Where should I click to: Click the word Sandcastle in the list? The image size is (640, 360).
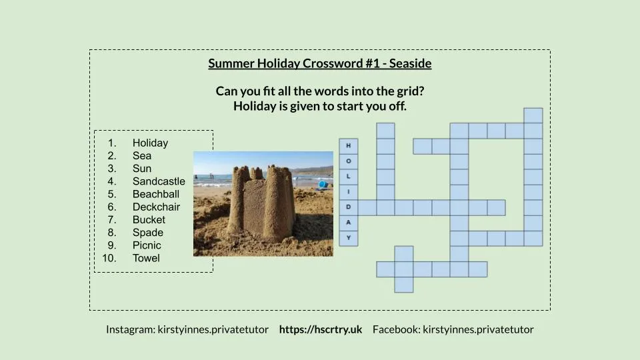tap(159, 181)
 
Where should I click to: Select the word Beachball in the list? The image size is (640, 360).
tap(156, 194)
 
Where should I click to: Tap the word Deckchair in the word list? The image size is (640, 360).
tap(156, 207)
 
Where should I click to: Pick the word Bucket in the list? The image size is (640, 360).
tap(149, 219)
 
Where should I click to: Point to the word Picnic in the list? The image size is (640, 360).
tap(147, 245)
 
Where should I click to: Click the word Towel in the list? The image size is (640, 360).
tap(146, 258)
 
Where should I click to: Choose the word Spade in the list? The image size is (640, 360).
tap(147, 233)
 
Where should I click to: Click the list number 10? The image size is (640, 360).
tap(111, 258)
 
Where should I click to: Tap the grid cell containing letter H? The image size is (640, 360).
tap(348, 146)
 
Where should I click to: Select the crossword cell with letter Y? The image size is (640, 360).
tap(348, 238)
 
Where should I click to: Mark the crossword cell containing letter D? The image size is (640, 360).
tap(348, 207)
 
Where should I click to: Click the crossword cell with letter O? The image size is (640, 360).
tap(348, 161)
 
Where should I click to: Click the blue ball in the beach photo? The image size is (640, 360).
tap(323, 184)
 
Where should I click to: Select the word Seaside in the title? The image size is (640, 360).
tap(410, 64)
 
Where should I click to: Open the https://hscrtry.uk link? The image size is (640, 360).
tap(320, 329)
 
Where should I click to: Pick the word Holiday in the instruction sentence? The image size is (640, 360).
tap(254, 106)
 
